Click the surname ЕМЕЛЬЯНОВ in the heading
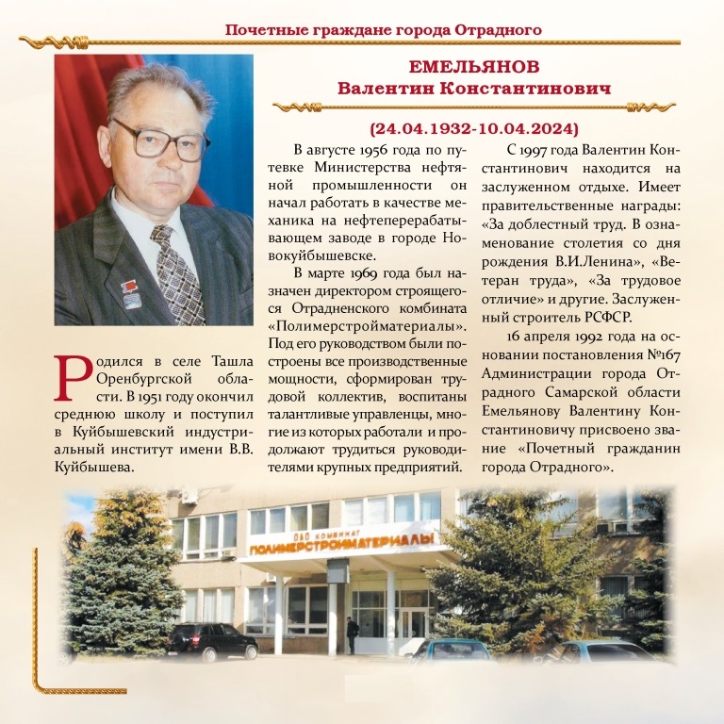pyautogui.click(x=475, y=67)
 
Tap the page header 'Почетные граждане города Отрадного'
pyautogui.click(x=383, y=29)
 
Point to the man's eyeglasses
pyautogui.click(x=159, y=140)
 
